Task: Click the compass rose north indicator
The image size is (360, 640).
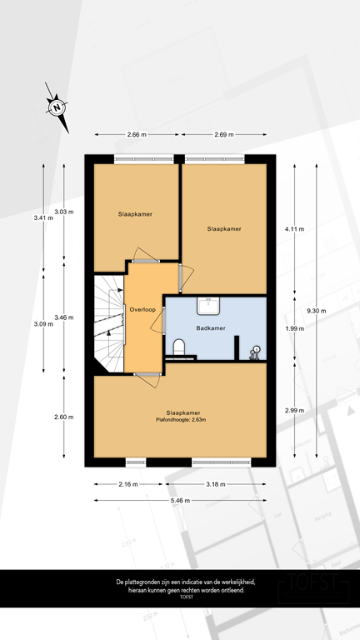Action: (57, 107)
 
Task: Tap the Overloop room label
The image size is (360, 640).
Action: (143, 310)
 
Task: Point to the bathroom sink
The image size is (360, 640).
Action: (208, 306)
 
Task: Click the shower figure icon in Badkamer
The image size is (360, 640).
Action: (256, 352)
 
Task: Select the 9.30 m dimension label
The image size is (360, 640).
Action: (317, 310)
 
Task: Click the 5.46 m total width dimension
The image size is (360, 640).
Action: (180, 500)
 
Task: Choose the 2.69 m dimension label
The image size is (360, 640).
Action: (223, 134)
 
